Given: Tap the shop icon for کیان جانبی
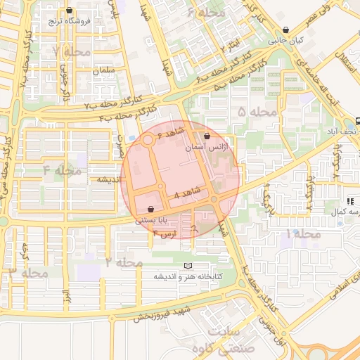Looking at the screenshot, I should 285,30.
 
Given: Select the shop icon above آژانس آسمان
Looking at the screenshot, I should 206,136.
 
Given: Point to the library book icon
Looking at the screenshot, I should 186,265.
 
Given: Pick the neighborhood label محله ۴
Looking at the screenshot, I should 62,170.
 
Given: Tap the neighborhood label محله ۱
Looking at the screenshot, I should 303,233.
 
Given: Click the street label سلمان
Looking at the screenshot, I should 103,72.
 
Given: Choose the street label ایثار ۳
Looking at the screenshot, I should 236,46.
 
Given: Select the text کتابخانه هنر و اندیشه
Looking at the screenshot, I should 189,277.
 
